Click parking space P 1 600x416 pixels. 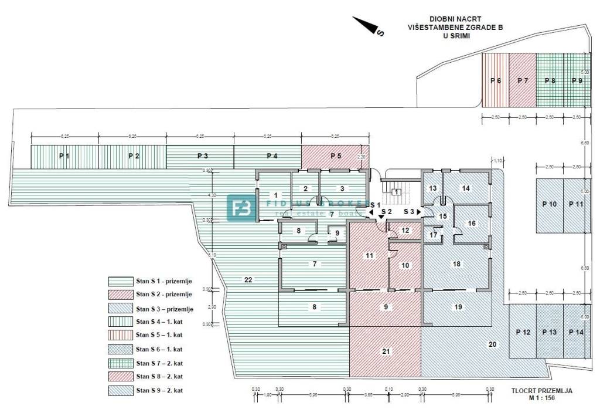[64, 156]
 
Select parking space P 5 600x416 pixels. [335, 156]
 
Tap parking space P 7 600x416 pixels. [523, 80]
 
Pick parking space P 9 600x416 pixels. [577, 80]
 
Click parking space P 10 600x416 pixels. [550, 204]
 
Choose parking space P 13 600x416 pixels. [550, 332]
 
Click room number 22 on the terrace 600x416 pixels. [248, 280]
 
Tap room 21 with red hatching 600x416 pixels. [385, 351]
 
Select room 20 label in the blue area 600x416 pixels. [492, 344]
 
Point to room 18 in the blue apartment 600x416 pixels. [456, 264]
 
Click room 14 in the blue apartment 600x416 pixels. [466, 188]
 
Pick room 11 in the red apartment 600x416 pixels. [369, 255]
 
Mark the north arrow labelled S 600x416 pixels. [368, 26]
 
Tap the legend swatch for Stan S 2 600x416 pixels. [119, 295]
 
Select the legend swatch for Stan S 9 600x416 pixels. [119, 391]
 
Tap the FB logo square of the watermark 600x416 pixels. [241, 208]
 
